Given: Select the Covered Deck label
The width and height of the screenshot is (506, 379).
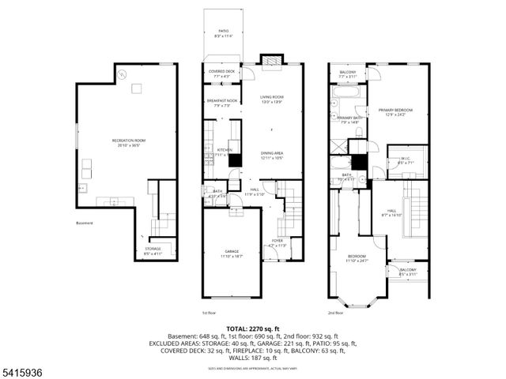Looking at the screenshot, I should click(x=222, y=72).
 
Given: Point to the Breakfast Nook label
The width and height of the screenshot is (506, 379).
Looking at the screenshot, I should click(x=222, y=101).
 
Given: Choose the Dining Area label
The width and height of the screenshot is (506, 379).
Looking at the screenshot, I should click(x=272, y=156).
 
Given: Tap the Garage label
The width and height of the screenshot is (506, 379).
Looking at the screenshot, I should click(x=231, y=252).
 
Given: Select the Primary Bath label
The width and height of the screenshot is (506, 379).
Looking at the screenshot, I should click(x=349, y=118).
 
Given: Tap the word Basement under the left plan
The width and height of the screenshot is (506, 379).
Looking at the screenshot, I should click(x=85, y=223).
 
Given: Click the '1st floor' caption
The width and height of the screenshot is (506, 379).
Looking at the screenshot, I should click(x=210, y=312).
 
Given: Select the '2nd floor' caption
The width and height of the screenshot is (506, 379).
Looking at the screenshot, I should click(x=336, y=312).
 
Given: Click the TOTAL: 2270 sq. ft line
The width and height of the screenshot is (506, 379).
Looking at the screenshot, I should click(x=252, y=328).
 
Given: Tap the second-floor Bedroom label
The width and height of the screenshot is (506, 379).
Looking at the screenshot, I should click(x=357, y=257).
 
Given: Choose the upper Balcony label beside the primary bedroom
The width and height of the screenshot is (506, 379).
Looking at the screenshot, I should click(x=349, y=73).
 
